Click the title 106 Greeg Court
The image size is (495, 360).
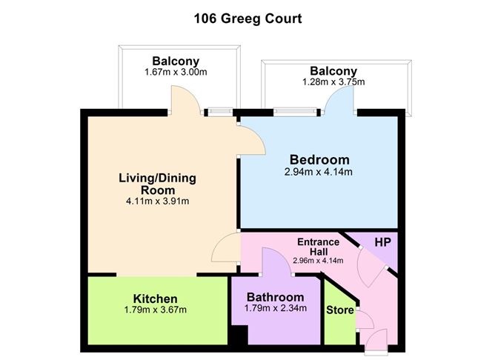point(247,19)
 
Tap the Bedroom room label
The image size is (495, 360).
point(319,159)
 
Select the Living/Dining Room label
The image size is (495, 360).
point(157,184)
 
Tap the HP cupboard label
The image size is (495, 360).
point(382,243)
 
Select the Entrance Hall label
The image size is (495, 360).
point(318,247)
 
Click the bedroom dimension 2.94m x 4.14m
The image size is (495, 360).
point(319,173)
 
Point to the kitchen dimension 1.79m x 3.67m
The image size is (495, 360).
point(156,310)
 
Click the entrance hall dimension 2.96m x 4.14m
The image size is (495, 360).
point(318,259)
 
